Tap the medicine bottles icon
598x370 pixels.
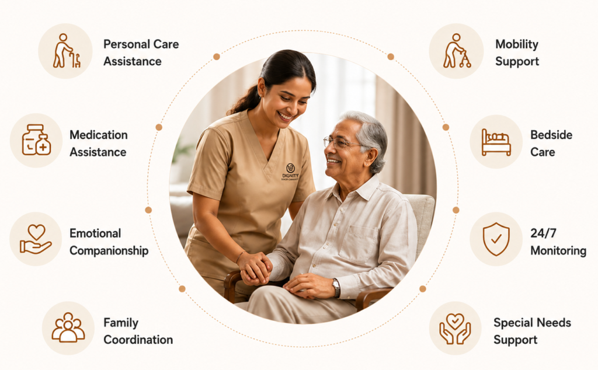[36, 140]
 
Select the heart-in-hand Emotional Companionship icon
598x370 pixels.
[36, 239]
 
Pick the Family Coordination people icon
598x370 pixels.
[68, 327]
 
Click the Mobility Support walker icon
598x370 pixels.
[457, 51]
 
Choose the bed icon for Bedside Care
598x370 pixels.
[496, 142]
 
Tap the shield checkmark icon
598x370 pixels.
[496, 239]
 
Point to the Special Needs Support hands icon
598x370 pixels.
[455, 329]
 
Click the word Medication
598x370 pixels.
[98, 135]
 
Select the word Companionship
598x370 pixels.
[109, 251]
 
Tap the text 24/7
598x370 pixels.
[543, 233]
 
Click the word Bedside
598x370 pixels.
[551, 135]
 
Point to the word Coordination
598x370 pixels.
[138, 340]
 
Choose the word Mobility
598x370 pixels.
[516, 44]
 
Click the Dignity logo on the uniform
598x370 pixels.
[290, 172]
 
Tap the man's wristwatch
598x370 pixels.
[336, 288]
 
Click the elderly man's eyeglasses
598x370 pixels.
[340, 142]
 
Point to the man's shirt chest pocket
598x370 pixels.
[359, 245]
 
